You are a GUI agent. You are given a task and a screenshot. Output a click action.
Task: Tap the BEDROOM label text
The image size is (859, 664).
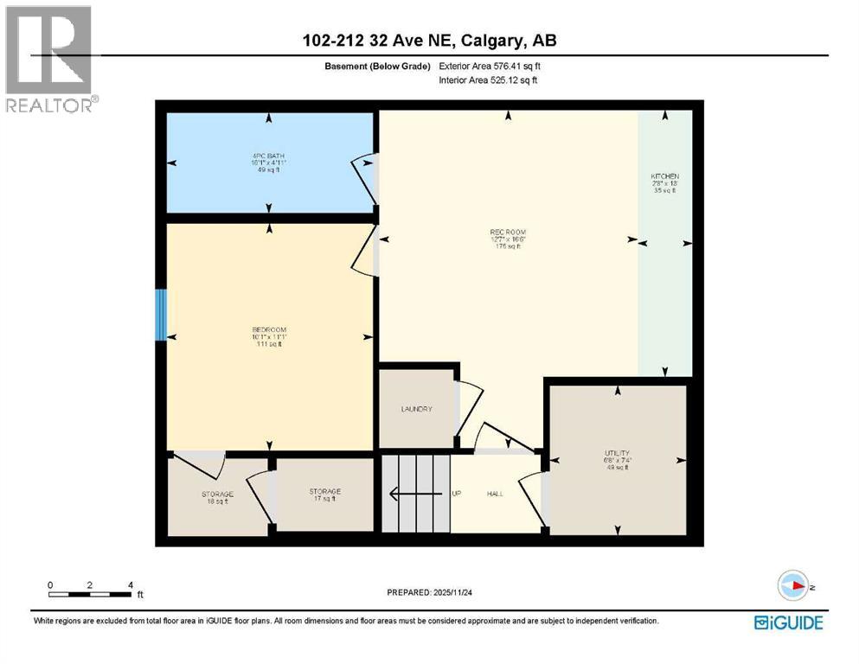tap(268, 329)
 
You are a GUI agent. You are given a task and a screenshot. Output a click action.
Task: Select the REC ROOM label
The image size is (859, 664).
tap(508, 231)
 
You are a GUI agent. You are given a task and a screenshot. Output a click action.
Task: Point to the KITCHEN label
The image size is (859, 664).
tap(665, 176)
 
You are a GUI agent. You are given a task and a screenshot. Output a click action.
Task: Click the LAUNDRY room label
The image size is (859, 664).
tap(416, 409)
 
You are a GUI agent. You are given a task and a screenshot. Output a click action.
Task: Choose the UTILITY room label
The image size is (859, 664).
tap(619, 453)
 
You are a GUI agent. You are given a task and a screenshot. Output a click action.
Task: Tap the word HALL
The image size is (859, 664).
tap(495, 494)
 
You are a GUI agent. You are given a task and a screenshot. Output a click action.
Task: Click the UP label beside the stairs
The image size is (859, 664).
tap(456, 494)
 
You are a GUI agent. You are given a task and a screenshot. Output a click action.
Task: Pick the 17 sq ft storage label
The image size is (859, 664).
tap(324, 492)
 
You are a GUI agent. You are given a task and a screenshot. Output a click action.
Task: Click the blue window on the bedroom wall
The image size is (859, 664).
tap(160, 315)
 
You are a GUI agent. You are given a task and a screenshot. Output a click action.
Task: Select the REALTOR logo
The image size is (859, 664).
tap(49, 59)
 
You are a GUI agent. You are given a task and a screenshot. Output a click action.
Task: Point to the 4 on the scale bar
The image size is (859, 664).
tap(130, 585)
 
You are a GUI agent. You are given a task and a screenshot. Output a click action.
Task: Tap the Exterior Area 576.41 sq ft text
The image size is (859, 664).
tap(490, 66)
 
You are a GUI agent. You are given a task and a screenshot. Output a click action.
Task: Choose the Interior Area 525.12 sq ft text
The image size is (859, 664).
tap(489, 80)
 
